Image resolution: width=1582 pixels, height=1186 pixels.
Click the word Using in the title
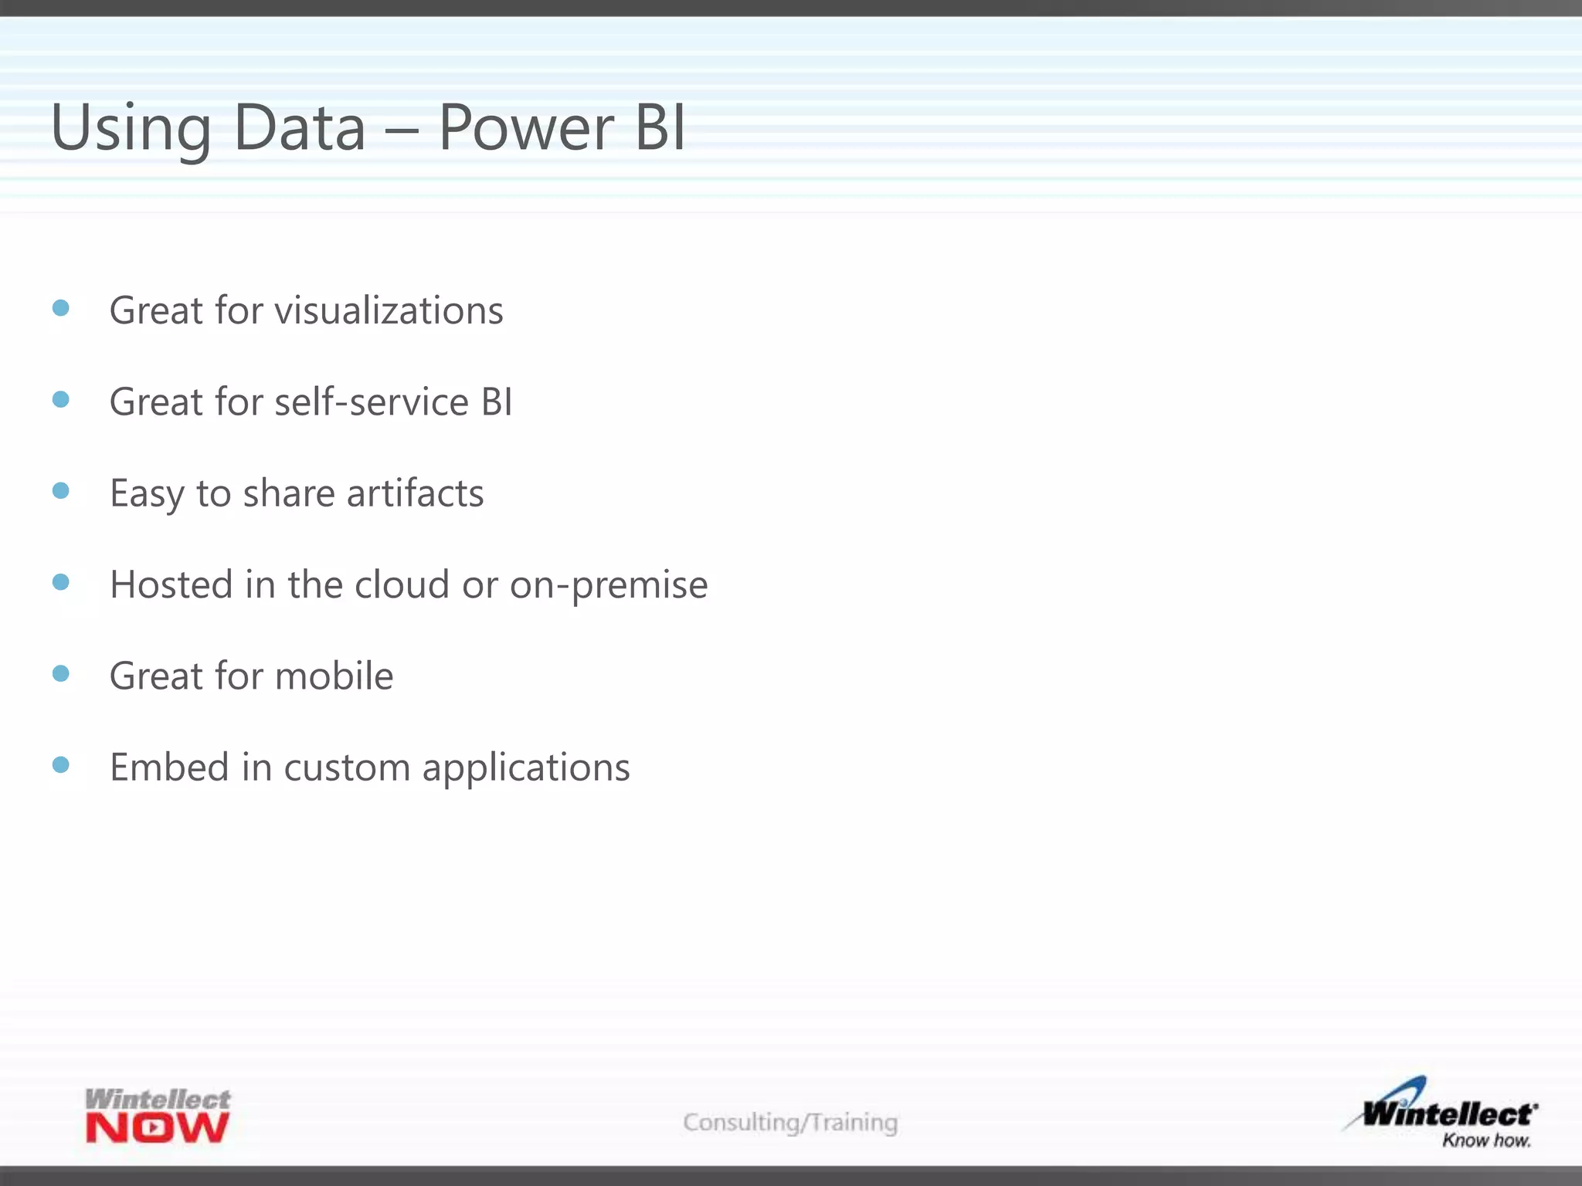point(130,129)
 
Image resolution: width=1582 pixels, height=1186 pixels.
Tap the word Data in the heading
point(299,127)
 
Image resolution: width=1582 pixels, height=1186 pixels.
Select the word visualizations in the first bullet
point(389,310)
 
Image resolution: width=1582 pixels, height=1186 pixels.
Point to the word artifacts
point(415,493)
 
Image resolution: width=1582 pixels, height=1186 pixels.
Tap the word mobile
point(334,676)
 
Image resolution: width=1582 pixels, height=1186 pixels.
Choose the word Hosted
point(171,585)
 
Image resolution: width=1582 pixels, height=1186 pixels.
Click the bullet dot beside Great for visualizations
point(61,308)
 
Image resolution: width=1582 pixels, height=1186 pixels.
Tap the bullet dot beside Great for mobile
point(61,673)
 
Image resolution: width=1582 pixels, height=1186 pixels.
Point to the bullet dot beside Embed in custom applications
point(61,764)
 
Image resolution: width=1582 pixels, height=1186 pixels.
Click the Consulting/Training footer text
point(790,1122)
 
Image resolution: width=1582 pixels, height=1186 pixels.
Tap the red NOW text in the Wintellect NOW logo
point(158,1128)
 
